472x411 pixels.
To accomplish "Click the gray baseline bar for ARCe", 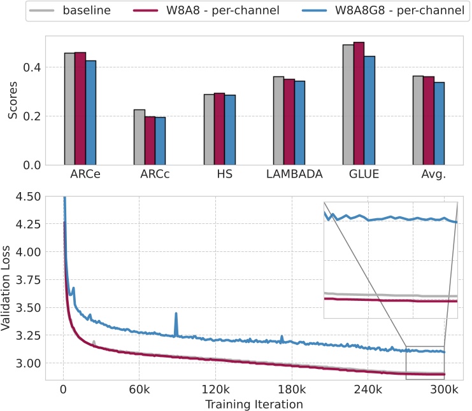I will (x=69, y=109).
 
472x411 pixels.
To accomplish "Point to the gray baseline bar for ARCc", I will (x=139, y=137).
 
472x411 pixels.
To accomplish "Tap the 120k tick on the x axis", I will (x=215, y=389).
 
